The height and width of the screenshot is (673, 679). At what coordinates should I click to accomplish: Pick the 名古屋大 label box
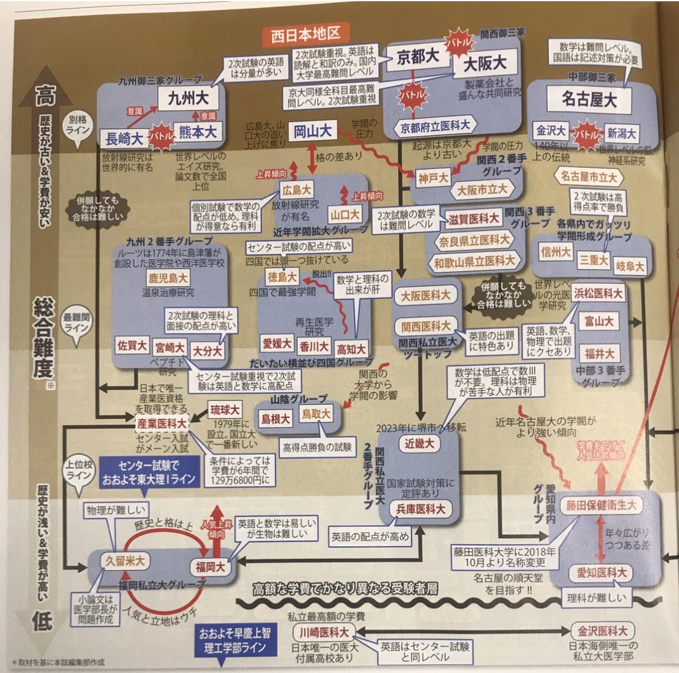[x=589, y=99]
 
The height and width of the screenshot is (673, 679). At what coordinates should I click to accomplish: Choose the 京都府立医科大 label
[x=436, y=126]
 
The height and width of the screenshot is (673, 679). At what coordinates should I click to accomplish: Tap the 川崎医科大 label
[x=324, y=632]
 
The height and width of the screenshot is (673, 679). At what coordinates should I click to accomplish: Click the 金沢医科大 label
[x=602, y=631]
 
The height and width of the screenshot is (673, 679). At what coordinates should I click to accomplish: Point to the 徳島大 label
[x=282, y=277]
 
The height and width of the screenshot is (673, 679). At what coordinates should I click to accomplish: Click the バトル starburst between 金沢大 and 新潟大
[x=586, y=132]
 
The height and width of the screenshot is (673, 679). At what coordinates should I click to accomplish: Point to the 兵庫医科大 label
[x=421, y=509]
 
